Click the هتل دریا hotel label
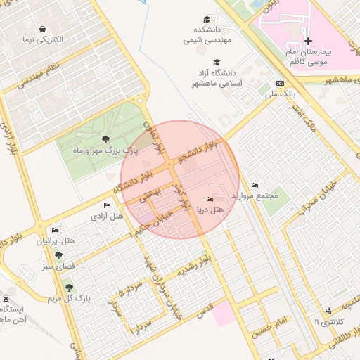point(210,210)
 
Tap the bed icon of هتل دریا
point(210,200)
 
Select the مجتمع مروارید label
point(259,195)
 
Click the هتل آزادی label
point(105,216)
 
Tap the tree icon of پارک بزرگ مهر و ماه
point(106,139)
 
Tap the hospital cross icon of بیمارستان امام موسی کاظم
point(308,41)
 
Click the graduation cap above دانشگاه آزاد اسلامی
point(217,62)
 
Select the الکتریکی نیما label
point(44,39)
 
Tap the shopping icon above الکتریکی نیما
point(44,29)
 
